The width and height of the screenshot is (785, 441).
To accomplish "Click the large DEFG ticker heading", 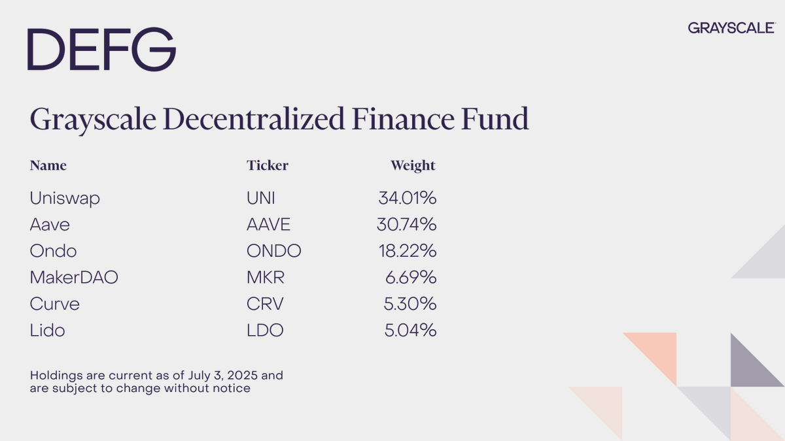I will (101, 50).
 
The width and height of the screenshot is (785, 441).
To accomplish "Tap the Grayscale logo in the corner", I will (731, 27).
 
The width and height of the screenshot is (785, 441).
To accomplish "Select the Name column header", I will (48, 165).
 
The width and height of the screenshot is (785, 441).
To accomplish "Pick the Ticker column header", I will (267, 165).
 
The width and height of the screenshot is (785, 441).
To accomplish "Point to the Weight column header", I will (413, 165).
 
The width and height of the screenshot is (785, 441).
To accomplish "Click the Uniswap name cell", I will (65, 198).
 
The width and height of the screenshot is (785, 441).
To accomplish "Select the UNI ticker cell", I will (261, 198).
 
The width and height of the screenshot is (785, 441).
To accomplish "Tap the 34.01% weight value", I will (407, 198).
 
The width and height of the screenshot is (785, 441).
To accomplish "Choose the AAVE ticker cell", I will (268, 225).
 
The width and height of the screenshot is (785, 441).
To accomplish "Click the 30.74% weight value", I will (406, 225).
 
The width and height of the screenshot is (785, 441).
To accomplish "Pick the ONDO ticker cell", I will (274, 251).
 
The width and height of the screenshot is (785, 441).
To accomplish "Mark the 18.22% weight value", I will (407, 251).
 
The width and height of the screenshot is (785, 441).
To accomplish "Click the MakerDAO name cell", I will (74, 278).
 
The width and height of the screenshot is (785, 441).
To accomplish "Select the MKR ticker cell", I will (266, 278).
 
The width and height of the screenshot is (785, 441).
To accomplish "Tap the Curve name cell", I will (55, 304).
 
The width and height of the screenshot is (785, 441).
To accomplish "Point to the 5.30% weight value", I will (410, 304).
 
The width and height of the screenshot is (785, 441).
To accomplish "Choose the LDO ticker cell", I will (265, 331).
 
